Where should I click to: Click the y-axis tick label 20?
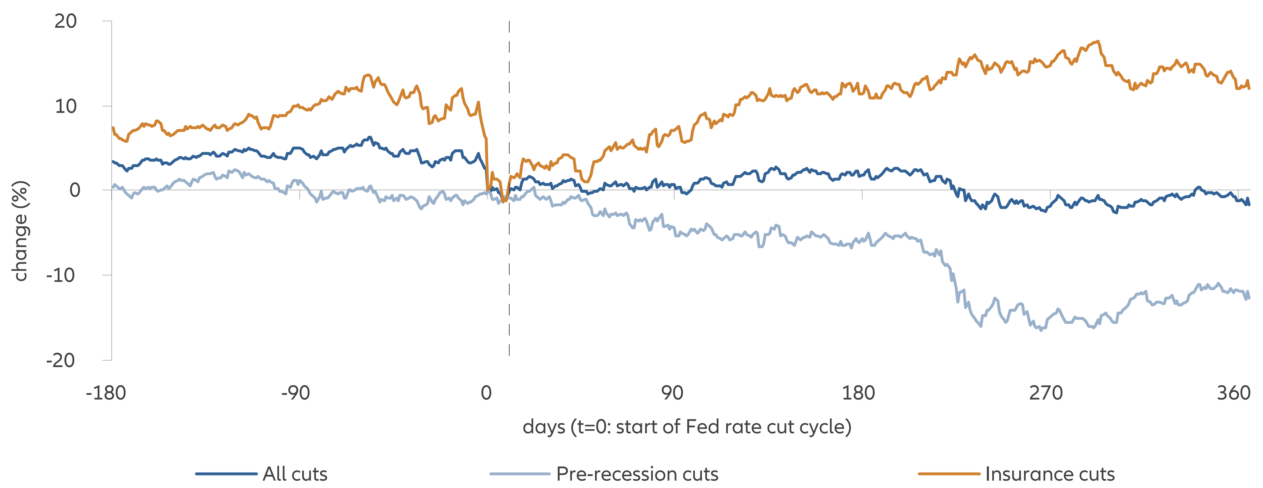click(66, 22)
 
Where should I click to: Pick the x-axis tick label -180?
click(106, 393)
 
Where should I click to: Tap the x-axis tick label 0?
click(486, 393)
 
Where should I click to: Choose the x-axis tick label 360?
click(1233, 393)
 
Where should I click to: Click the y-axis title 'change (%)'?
click(20, 231)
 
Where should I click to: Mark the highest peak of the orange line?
click(1098, 42)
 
